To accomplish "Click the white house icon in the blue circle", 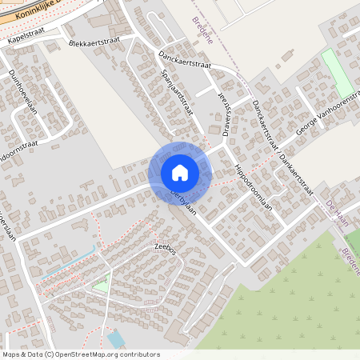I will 180,173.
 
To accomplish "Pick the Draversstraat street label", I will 224,114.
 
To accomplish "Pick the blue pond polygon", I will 116,339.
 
